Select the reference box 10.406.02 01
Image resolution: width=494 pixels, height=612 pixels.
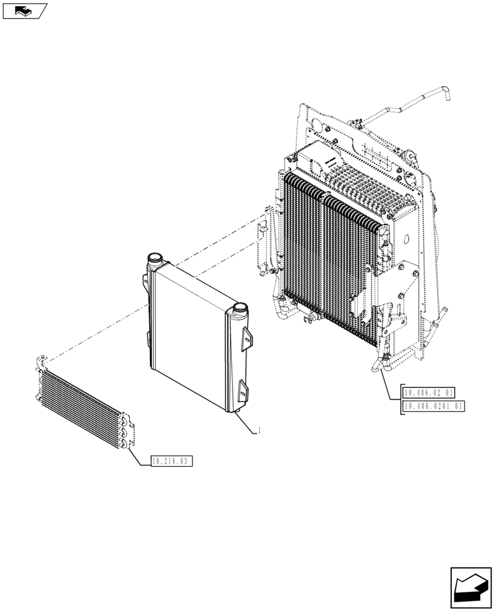(433, 392)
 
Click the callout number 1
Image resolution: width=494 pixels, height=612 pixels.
(260, 431)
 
